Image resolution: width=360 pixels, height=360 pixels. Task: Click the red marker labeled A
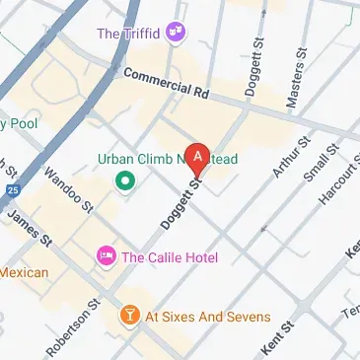(198, 156)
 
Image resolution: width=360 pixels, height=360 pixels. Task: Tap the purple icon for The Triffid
(177, 33)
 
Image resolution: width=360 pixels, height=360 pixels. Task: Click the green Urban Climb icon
(124, 180)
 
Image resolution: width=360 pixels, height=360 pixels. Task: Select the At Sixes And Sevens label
(207, 317)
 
